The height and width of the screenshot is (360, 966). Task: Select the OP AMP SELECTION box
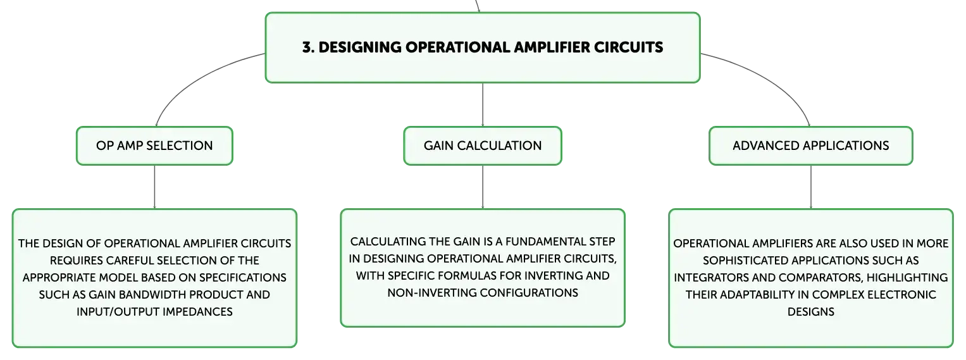tap(154, 146)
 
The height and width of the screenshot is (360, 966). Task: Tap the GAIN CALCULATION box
tap(483, 146)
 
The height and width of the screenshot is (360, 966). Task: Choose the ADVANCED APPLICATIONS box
tap(811, 146)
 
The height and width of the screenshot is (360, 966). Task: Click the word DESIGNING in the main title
tap(360, 47)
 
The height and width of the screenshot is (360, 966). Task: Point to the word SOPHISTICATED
tap(745, 261)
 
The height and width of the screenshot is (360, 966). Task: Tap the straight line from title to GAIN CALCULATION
tap(483, 104)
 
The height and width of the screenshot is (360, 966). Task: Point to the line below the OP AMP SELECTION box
tap(154, 187)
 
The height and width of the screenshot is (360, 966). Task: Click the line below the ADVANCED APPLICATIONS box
tap(811, 187)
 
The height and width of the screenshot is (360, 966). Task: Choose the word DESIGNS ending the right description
tap(811, 312)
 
